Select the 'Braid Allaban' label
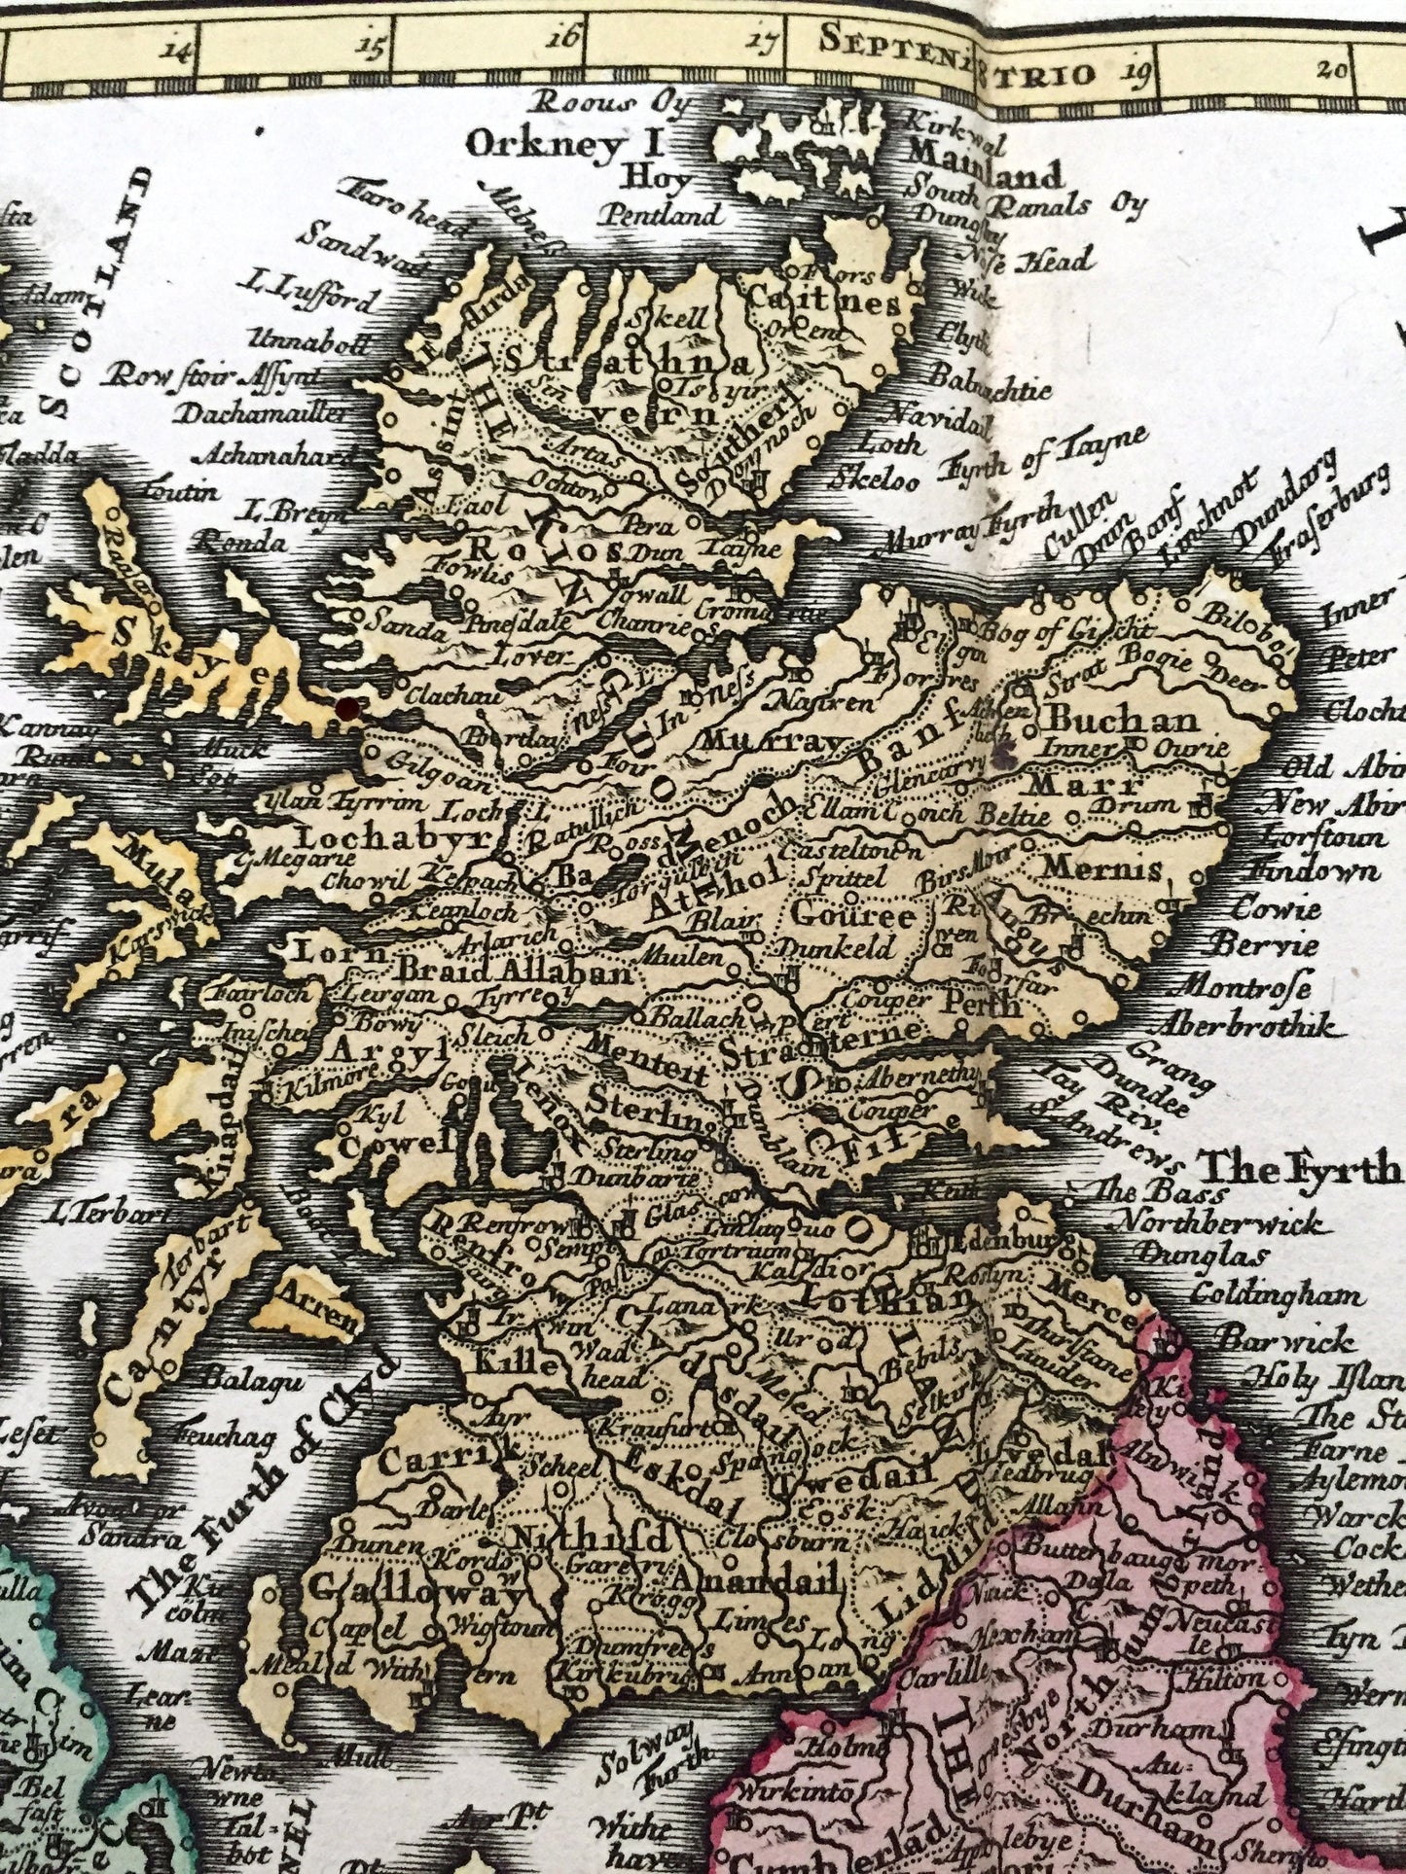516,971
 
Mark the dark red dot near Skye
342,710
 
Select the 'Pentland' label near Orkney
661,215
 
